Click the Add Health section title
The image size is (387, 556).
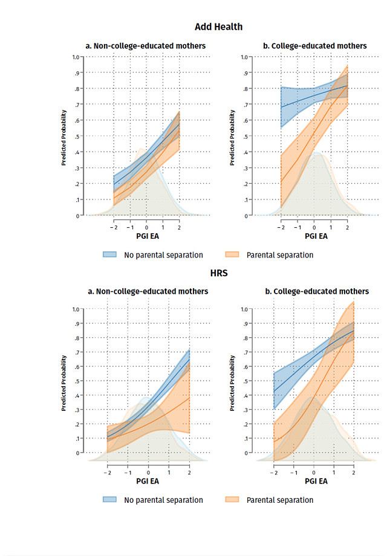pos(218,27)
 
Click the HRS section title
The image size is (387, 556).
pos(218,273)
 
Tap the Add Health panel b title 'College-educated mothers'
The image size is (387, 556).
pos(316,46)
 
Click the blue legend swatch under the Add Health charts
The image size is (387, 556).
pos(110,254)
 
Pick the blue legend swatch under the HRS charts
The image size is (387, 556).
pos(110,500)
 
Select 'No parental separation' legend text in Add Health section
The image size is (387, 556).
pos(163,255)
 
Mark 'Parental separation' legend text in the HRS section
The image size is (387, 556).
pos(280,500)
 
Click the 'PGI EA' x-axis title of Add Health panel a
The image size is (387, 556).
pos(146,236)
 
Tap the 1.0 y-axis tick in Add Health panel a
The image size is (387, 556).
pos(76,57)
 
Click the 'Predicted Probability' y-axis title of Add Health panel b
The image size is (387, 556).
pos(233,137)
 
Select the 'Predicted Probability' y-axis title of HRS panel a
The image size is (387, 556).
pos(63,382)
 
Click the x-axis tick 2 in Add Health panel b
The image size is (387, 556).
pos(347,224)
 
